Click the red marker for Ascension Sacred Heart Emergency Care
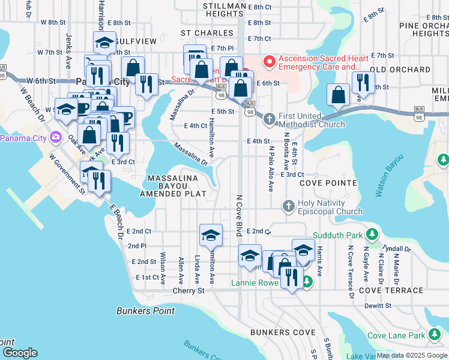click(x=270, y=61)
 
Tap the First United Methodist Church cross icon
click(x=270, y=119)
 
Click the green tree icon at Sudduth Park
click(x=372, y=233)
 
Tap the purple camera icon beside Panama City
click(x=56, y=137)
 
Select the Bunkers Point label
click(x=145, y=311)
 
